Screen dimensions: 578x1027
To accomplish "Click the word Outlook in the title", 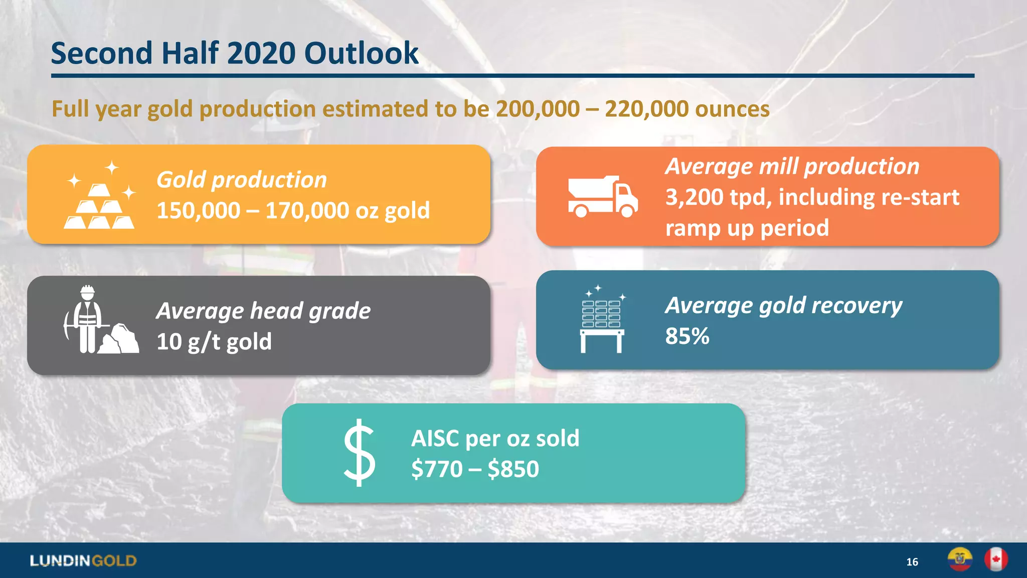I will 361,53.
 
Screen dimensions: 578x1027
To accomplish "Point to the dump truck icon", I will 602,197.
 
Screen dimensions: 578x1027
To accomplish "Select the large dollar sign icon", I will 359,453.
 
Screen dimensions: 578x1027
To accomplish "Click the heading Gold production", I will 241,180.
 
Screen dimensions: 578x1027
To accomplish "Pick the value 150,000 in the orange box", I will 198,211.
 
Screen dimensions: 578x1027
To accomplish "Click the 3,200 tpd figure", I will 718,197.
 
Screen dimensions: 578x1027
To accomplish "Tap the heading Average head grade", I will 263,311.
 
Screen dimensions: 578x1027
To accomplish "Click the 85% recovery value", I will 687,336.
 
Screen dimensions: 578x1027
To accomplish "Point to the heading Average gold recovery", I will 783,306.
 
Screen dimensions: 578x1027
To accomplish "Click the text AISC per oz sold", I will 495,439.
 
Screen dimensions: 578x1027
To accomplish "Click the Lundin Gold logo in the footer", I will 83,561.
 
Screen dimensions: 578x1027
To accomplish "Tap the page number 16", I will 912,562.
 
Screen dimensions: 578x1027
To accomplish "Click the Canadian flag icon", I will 995,560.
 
